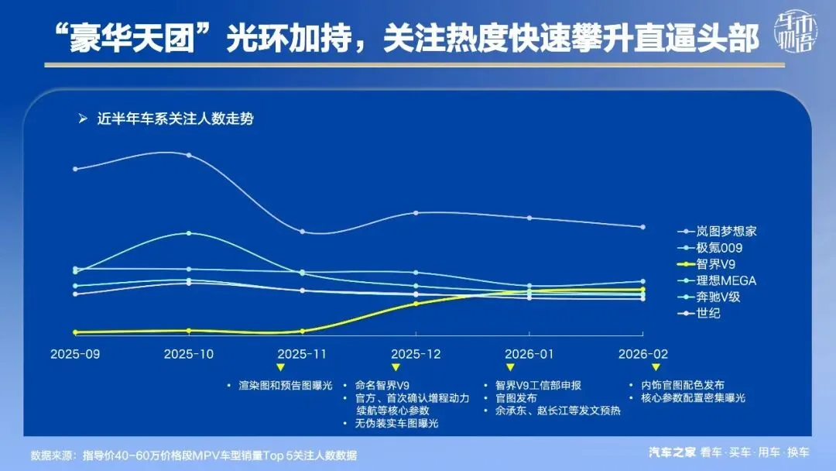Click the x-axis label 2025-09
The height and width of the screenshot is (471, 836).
click(75, 353)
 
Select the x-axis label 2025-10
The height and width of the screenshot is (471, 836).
click(189, 353)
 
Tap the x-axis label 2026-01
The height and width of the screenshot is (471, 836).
click(529, 353)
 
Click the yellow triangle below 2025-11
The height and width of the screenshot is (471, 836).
click(280, 367)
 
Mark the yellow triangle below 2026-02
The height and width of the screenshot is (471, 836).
click(656, 367)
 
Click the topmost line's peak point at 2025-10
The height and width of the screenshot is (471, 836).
click(189, 155)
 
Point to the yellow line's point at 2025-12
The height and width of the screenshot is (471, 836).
click(416, 304)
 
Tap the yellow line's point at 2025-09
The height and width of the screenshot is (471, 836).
click(75, 332)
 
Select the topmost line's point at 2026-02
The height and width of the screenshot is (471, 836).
click(642, 227)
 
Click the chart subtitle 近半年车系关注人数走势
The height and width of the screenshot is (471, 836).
click(175, 119)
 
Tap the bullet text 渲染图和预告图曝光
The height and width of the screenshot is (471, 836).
click(285, 385)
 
